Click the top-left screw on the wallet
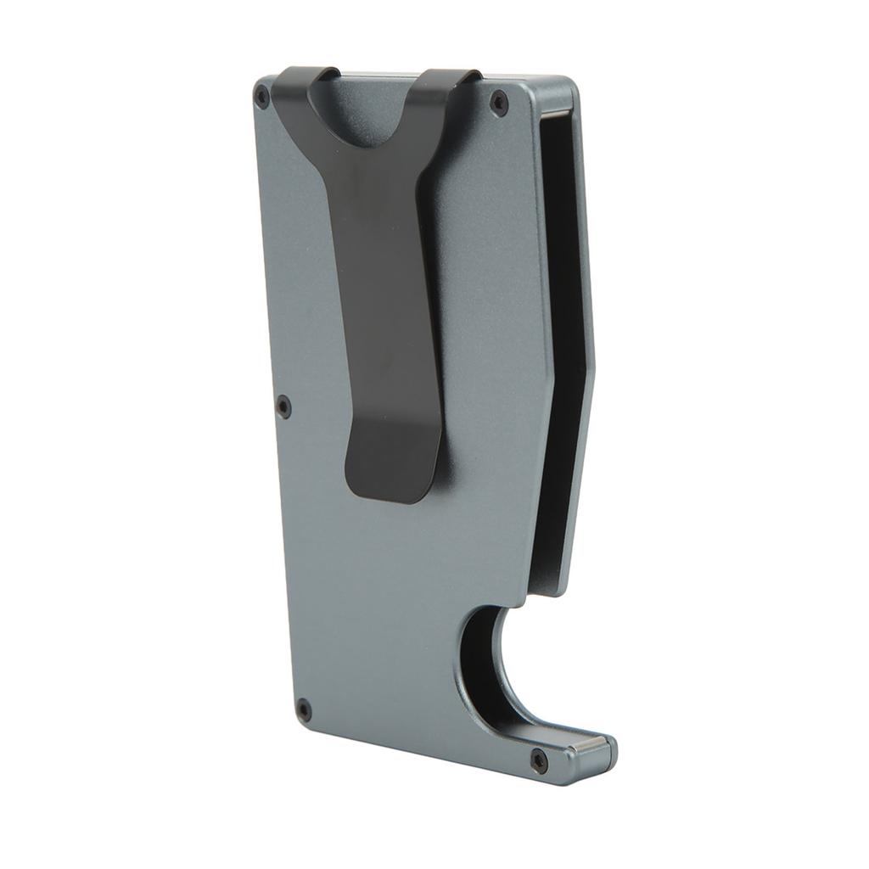click(x=263, y=97)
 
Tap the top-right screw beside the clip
click(x=500, y=103)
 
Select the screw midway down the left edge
click(x=284, y=406)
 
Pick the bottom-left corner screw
click(x=304, y=710)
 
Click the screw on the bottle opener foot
click(x=538, y=760)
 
